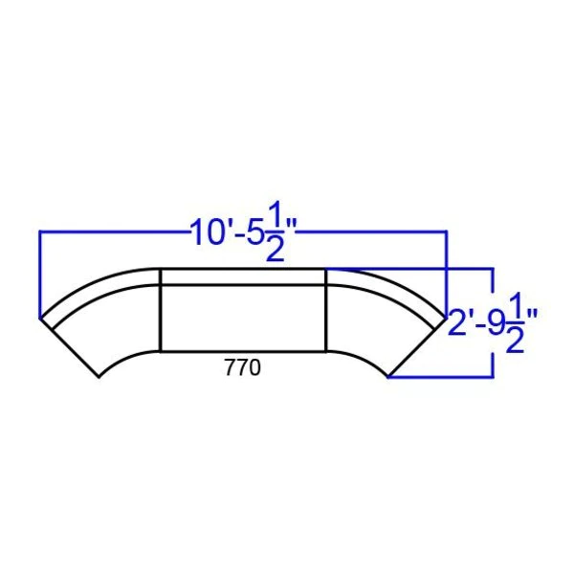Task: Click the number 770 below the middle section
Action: [243, 367]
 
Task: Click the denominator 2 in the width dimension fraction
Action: [275, 249]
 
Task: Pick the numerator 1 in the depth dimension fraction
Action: [514, 306]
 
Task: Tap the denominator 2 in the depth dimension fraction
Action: [515, 340]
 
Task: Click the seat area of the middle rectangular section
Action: [243, 318]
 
